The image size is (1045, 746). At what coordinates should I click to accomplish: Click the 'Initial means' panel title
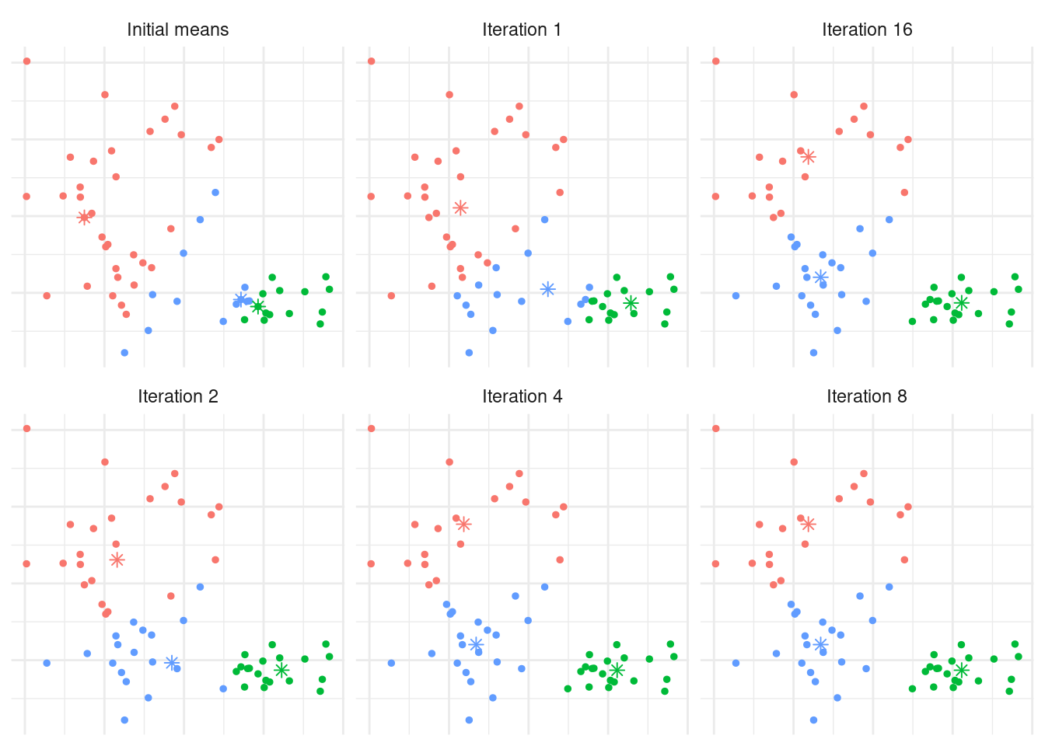coord(177,30)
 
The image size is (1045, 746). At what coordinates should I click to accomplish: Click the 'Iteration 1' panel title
coord(522,30)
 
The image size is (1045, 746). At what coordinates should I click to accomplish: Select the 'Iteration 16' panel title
coord(867,30)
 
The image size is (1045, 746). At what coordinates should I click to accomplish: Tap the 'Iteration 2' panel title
coord(177,397)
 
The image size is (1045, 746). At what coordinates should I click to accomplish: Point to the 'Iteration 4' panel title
coord(522,397)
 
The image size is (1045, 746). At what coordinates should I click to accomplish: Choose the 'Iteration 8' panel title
coord(867,397)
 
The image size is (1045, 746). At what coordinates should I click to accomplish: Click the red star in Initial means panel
coord(84,218)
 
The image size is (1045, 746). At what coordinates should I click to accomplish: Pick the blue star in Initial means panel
coord(241,299)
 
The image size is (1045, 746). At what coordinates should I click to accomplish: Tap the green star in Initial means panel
coord(258,306)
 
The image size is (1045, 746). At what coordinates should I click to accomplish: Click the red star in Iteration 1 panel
coord(460,207)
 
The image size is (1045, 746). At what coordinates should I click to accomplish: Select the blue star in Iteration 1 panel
coord(548,289)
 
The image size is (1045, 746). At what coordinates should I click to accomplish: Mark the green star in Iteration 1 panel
coord(631,303)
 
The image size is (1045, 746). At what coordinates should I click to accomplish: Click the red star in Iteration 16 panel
coord(809,157)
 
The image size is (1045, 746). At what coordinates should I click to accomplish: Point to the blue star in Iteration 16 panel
coord(820,277)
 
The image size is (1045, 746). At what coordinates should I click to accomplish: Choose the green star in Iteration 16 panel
coord(962,303)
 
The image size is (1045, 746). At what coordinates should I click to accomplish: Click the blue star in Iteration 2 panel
coord(172,663)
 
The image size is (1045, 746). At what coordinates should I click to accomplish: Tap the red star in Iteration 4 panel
coord(463,525)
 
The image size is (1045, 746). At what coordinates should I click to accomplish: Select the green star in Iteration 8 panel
coord(962,670)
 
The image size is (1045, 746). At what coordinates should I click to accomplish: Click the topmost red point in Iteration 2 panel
coord(26,428)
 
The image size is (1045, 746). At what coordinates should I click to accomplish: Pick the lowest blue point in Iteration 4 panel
coord(469,720)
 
